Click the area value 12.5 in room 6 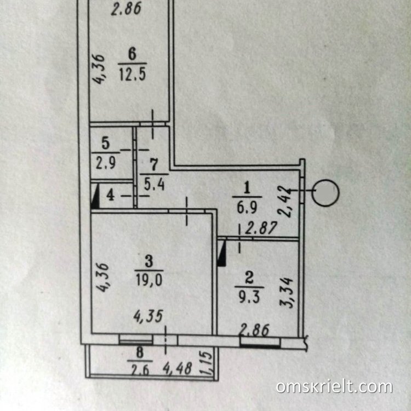tap(133, 74)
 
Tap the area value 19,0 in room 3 tap(149, 280)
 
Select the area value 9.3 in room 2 tap(249, 297)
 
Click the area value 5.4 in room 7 tap(155, 184)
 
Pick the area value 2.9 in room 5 tap(105, 163)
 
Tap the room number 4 tap(110, 195)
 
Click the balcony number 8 tap(140, 352)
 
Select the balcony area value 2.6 tap(139, 370)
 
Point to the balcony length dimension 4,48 tap(178, 368)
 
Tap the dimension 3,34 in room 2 tap(286, 293)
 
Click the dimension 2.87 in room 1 tap(261, 228)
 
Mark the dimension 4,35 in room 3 tap(149, 316)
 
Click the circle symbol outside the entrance tap(326, 193)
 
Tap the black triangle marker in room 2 tap(222, 254)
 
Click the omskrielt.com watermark tap(334, 387)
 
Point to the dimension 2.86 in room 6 tap(127, 9)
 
